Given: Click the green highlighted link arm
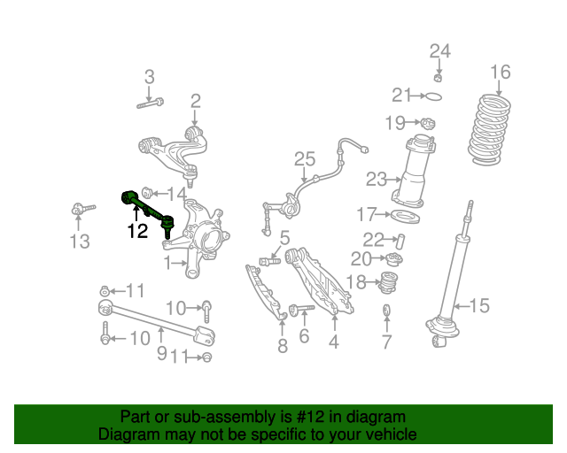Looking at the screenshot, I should [146, 206].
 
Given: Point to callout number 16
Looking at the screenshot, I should [501, 73].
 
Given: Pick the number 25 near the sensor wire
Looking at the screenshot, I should [305, 160].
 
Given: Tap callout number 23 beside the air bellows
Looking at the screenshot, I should [376, 180].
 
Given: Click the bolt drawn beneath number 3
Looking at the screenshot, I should [150, 104].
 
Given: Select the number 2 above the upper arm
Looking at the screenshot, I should [195, 102].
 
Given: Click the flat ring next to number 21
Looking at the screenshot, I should [433, 96].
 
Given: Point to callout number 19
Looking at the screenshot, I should [394, 122].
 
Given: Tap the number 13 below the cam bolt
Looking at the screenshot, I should [79, 242].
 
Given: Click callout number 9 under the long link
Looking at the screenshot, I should [161, 353].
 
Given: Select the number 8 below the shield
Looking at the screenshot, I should [282, 346].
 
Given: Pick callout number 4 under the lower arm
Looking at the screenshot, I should [333, 341].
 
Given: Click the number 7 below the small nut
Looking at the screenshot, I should [386, 342].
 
